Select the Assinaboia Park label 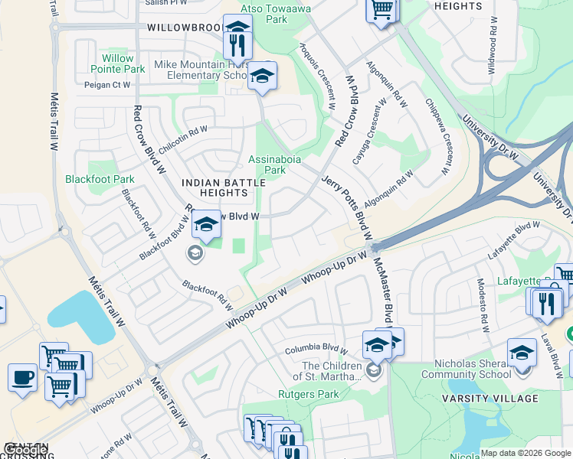(x=271, y=165)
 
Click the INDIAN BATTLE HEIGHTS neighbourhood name (x=217, y=187)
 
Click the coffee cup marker (x=22, y=377)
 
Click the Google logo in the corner (x=25, y=450)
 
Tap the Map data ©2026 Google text (x=525, y=453)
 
